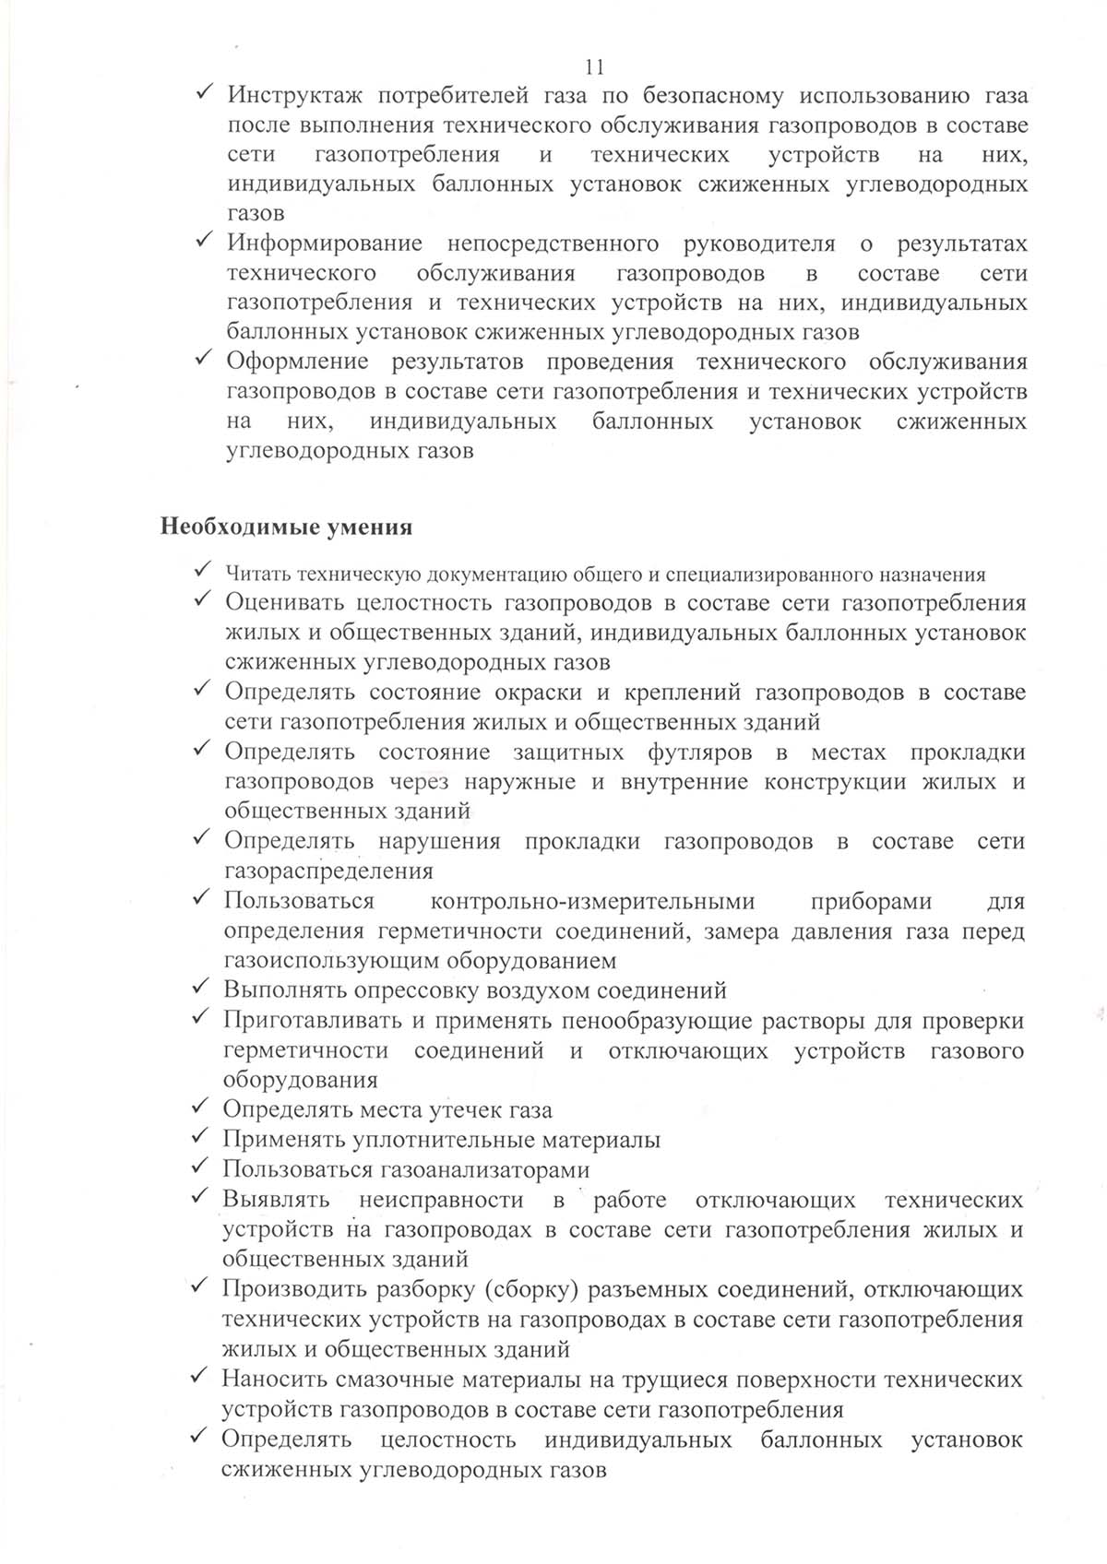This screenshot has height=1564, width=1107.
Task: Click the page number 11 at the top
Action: (594, 66)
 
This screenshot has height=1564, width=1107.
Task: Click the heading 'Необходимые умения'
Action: (287, 527)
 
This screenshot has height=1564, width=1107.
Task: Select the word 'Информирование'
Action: (324, 243)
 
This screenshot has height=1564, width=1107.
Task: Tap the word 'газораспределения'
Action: (328, 871)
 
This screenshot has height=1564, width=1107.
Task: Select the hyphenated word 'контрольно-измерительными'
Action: (592, 901)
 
